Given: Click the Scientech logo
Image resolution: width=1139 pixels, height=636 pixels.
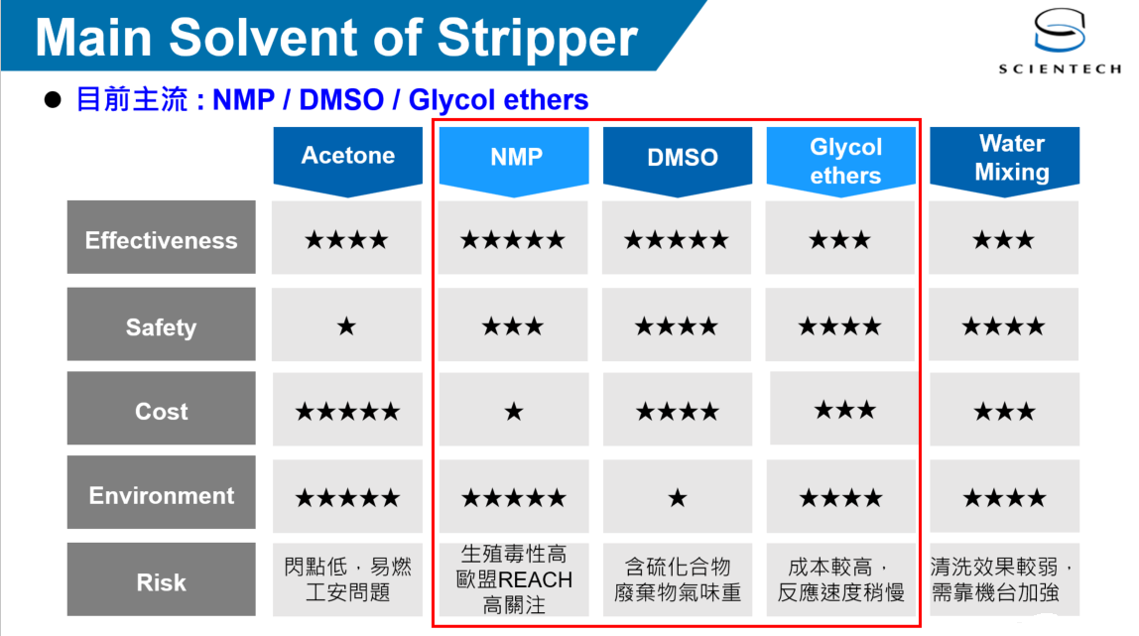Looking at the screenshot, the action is [x=1060, y=41].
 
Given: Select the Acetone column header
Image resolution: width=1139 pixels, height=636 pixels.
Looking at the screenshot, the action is [x=348, y=161].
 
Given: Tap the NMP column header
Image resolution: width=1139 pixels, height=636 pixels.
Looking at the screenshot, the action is [x=514, y=161].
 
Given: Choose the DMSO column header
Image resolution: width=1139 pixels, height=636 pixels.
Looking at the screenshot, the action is [x=678, y=161].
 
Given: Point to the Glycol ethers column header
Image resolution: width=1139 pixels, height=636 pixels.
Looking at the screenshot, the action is [x=841, y=161].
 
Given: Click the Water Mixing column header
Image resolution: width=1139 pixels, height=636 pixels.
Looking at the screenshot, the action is [x=1005, y=160].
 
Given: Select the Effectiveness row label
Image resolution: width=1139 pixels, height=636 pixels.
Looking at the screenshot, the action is [x=162, y=237].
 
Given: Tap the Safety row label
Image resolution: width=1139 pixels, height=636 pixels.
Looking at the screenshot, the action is [x=162, y=323].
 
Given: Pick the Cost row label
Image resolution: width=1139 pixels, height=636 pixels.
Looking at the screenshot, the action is [x=162, y=408].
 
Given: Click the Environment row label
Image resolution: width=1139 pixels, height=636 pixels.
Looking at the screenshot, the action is [x=162, y=492].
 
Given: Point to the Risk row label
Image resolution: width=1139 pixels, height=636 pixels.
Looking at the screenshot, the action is [x=162, y=579].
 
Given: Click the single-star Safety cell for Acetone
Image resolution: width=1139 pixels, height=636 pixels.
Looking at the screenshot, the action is [x=346, y=324].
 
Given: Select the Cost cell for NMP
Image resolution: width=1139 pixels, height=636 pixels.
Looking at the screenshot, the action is [x=514, y=410].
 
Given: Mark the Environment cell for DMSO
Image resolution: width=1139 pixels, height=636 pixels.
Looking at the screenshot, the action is [x=678, y=496].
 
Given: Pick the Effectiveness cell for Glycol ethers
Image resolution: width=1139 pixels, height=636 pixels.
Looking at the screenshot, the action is [x=840, y=238].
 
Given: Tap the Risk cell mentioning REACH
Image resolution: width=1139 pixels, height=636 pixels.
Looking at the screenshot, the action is [x=514, y=579].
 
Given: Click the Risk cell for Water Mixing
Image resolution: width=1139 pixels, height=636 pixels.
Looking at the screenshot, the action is [x=1005, y=579].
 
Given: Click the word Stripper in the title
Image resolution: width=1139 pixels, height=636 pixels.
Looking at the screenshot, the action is [x=538, y=38].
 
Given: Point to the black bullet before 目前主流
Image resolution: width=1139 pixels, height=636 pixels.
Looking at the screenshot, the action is [x=53, y=99].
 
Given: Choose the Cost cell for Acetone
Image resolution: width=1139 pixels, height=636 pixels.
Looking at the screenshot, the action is [x=347, y=410].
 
